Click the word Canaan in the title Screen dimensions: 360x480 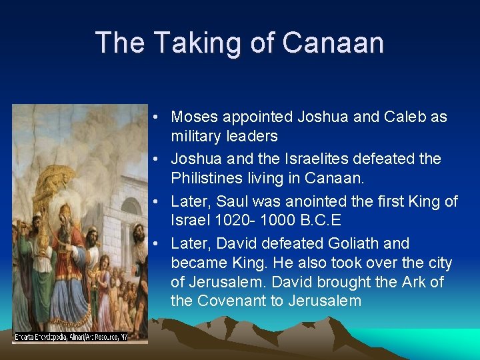point(333,43)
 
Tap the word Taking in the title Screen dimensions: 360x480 point(183,43)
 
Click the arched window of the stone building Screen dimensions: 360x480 point(131,206)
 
